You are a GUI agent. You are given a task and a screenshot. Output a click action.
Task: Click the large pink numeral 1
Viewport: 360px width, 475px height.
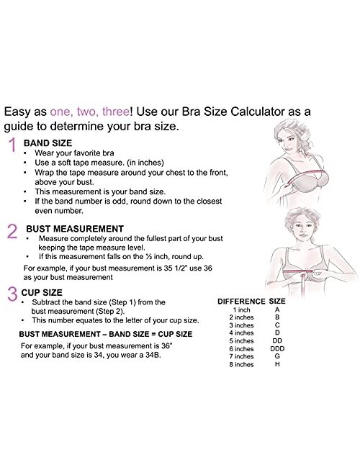pos(12,146)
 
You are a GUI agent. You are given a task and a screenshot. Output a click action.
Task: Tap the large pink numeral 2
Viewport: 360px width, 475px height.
pos(12,230)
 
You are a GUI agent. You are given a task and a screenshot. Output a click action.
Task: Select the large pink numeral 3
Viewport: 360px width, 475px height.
pos(12,294)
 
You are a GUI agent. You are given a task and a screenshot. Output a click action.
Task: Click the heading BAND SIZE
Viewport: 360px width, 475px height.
pos(47,143)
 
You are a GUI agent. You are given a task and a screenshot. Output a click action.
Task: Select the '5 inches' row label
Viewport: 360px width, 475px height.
pos(242,340)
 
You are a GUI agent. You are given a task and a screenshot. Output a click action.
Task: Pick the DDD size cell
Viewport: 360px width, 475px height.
pos(277,348)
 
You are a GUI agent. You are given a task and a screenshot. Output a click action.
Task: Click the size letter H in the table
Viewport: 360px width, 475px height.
pos(277,364)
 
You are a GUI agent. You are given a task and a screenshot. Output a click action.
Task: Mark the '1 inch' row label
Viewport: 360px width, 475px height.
pos(242,309)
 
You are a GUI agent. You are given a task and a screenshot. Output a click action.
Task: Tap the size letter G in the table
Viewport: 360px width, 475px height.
pos(277,356)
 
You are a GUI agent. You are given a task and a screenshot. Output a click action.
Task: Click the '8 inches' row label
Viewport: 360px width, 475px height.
pos(242,364)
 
